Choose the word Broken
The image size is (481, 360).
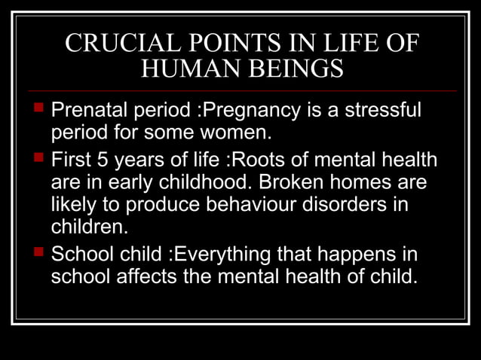tap(294, 183)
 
